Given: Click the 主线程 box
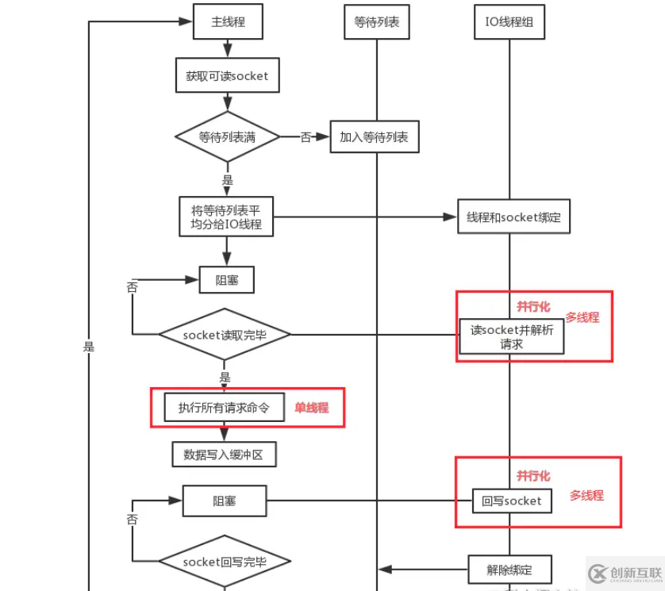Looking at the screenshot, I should [x=227, y=22].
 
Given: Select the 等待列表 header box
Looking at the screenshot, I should [x=376, y=22].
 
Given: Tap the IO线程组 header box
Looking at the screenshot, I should [x=509, y=22].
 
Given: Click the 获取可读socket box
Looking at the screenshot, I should [x=227, y=76].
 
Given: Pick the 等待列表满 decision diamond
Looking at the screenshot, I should [x=227, y=137].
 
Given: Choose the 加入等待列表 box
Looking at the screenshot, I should [x=374, y=137].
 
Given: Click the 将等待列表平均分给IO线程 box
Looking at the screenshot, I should [x=226, y=217].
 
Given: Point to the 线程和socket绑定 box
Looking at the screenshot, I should [x=513, y=217].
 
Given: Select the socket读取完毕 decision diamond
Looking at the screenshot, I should [x=225, y=335].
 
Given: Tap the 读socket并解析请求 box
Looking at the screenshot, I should [x=512, y=336].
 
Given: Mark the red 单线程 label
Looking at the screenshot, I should [x=311, y=408].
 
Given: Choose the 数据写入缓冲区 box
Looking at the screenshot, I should [x=224, y=455].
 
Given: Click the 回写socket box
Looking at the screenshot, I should [x=511, y=501].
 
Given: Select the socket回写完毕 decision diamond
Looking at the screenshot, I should [x=225, y=562].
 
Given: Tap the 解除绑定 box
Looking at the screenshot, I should [x=509, y=569].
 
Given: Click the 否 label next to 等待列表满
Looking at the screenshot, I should [x=306, y=137].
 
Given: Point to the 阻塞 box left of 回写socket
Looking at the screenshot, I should [x=225, y=501].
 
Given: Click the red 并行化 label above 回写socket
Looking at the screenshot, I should [x=533, y=475].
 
